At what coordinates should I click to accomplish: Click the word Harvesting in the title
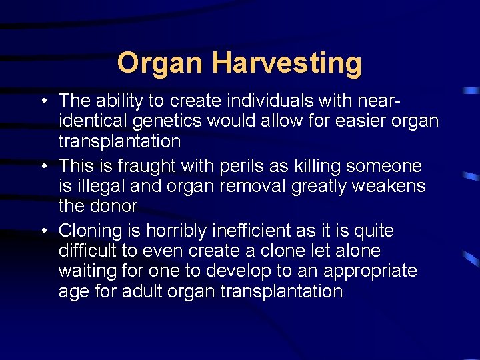(x=287, y=63)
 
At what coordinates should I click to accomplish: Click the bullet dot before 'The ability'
(x=43, y=101)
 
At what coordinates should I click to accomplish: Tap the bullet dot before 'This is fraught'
(x=43, y=166)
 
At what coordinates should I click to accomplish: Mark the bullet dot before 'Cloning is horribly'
(x=43, y=231)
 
